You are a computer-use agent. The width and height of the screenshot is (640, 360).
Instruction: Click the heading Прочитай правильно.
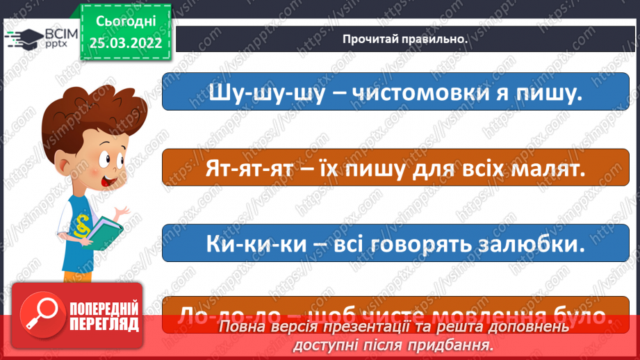point(404,39)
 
